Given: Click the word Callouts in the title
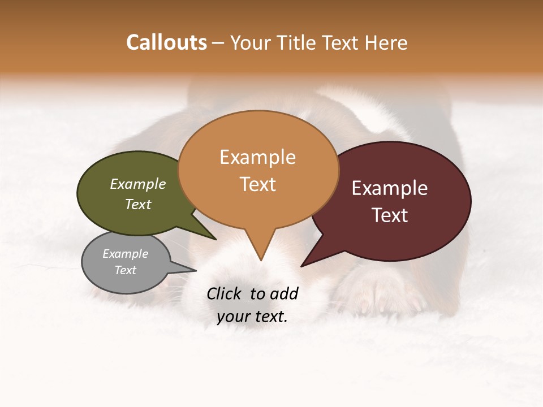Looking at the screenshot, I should (166, 42).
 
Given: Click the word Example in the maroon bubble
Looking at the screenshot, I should (390, 188).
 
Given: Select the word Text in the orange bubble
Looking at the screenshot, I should (258, 184).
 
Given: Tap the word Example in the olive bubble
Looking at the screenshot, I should (138, 184).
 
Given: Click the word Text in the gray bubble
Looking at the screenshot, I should (126, 270).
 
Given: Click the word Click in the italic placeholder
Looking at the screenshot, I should (224, 293).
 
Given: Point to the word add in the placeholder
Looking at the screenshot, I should (284, 293).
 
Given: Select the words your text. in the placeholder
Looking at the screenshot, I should (252, 317).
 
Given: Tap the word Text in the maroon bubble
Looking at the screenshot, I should (390, 215).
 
